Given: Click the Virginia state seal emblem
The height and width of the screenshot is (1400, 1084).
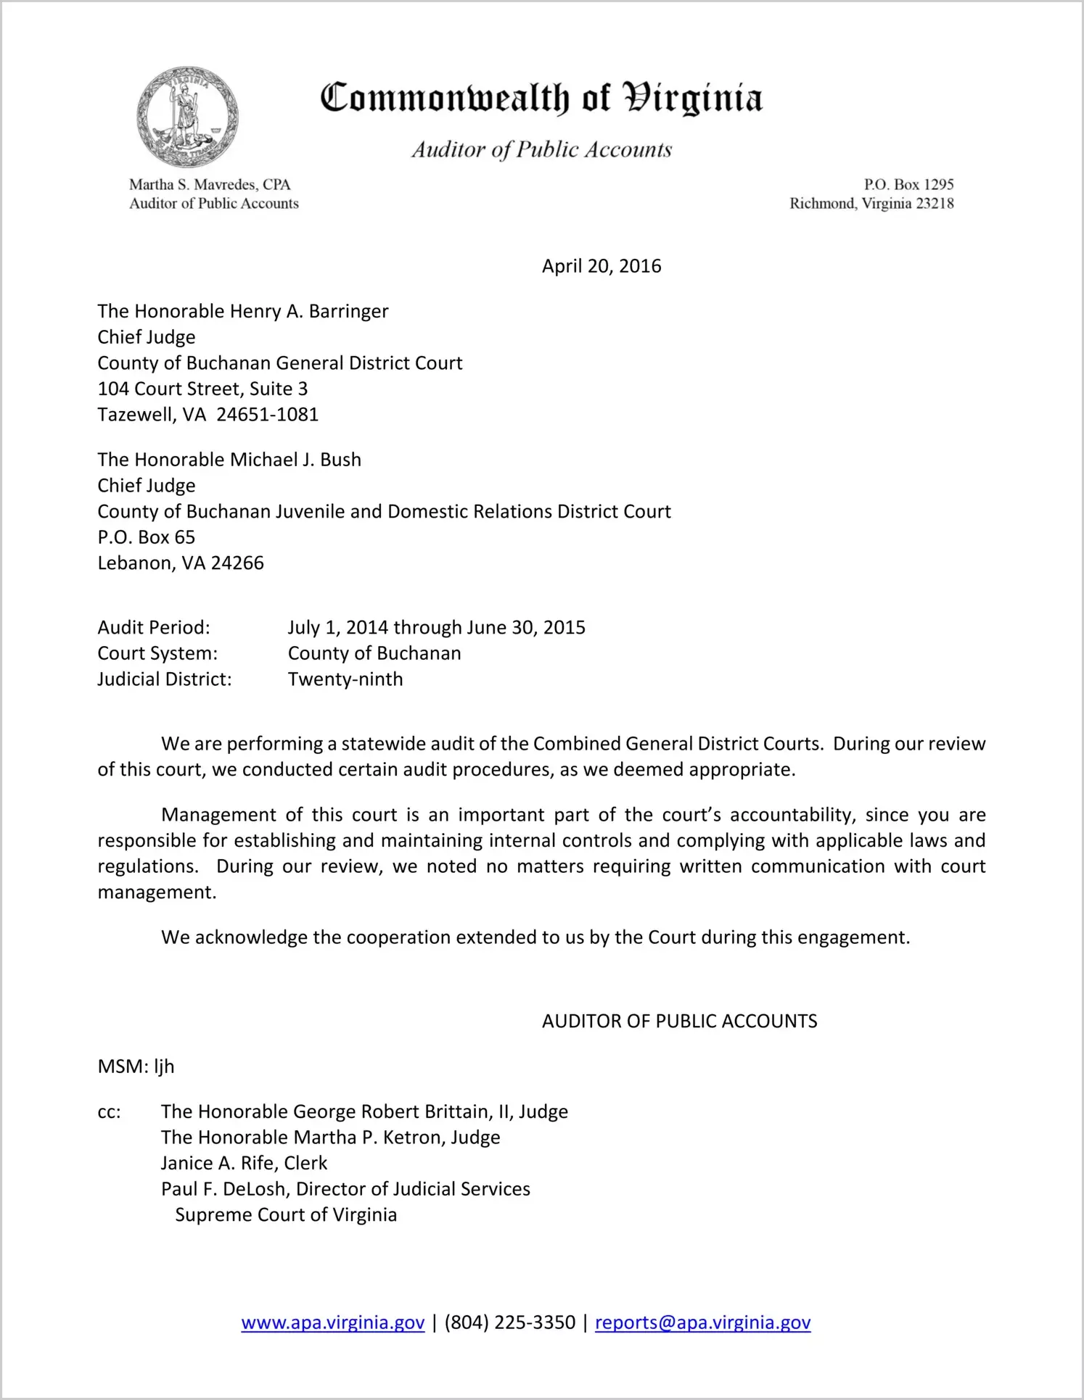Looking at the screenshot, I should click(x=187, y=117).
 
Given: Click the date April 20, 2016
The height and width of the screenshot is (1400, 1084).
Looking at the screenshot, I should click(x=601, y=266).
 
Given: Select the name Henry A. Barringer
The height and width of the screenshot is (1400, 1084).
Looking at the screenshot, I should click(x=308, y=312).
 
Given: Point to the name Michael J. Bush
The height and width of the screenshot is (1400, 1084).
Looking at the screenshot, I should click(x=295, y=460).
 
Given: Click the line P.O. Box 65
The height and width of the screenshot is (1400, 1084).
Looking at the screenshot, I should click(x=147, y=537).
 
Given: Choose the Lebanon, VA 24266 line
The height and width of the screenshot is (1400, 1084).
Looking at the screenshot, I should click(x=181, y=563).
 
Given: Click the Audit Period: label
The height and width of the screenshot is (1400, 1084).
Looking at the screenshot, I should click(x=154, y=628).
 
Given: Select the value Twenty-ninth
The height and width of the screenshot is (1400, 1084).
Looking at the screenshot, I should click(x=345, y=679).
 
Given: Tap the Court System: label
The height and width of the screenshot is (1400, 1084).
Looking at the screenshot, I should click(x=157, y=654).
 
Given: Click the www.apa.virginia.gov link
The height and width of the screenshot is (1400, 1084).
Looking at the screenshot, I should click(x=332, y=1323).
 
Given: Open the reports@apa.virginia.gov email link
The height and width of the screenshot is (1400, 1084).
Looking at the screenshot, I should click(x=702, y=1323).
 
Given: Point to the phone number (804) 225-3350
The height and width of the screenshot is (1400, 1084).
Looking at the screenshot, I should click(x=509, y=1323).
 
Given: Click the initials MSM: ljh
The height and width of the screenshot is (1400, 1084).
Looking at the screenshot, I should click(x=136, y=1066).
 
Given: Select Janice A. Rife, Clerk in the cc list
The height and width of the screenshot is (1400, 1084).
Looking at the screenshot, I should click(x=244, y=1164).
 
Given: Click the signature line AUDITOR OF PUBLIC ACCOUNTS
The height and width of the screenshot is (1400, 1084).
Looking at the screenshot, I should click(x=679, y=1022).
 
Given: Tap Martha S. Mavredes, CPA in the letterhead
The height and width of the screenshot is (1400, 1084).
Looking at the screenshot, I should click(x=210, y=185).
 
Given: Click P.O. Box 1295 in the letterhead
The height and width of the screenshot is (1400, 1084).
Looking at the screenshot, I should click(x=908, y=185).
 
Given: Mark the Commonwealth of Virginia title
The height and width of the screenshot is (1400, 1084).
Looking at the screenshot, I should click(x=541, y=99).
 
